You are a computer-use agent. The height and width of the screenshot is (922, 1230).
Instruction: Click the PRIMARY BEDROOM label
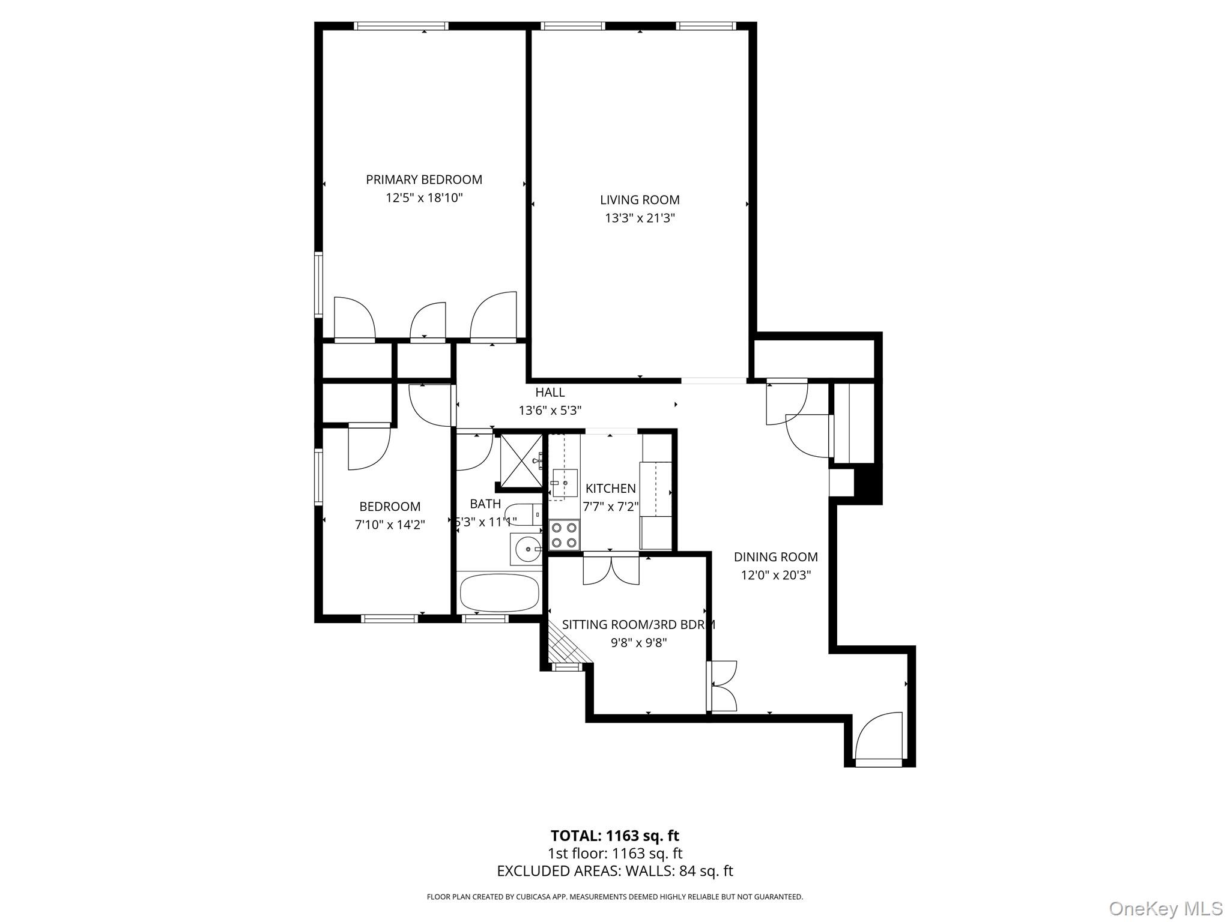click(x=424, y=179)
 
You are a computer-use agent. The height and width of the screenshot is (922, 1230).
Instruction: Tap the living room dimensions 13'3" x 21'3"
click(x=640, y=218)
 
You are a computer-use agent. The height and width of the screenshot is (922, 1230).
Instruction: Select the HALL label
click(x=550, y=392)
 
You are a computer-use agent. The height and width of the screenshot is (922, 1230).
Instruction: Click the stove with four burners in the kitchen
click(x=565, y=535)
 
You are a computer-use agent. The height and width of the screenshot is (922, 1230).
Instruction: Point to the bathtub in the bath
click(x=499, y=592)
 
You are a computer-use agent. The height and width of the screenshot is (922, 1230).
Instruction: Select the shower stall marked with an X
click(x=521, y=460)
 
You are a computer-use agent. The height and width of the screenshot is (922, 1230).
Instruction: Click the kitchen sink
click(x=564, y=483)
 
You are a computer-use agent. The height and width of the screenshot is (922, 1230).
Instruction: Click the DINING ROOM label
click(x=775, y=557)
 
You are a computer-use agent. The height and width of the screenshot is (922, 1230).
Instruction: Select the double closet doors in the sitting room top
click(x=611, y=570)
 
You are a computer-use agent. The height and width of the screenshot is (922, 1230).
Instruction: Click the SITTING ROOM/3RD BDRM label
click(x=638, y=624)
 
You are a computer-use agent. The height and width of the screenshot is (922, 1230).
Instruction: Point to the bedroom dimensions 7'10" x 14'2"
click(x=390, y=525)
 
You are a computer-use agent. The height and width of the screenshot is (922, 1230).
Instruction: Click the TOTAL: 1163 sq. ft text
click(x=614, y=836)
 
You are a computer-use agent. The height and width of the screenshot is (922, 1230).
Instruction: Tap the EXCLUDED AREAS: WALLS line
click(x=614, y=871)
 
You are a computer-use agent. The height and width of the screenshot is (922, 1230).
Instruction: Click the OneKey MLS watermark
click(x=1165, y=908)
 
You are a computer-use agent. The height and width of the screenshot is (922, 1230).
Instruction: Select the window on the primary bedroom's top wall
click(x=401, y=26)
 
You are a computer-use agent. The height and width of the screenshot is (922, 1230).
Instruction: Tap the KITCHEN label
click(x=610, y=488)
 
